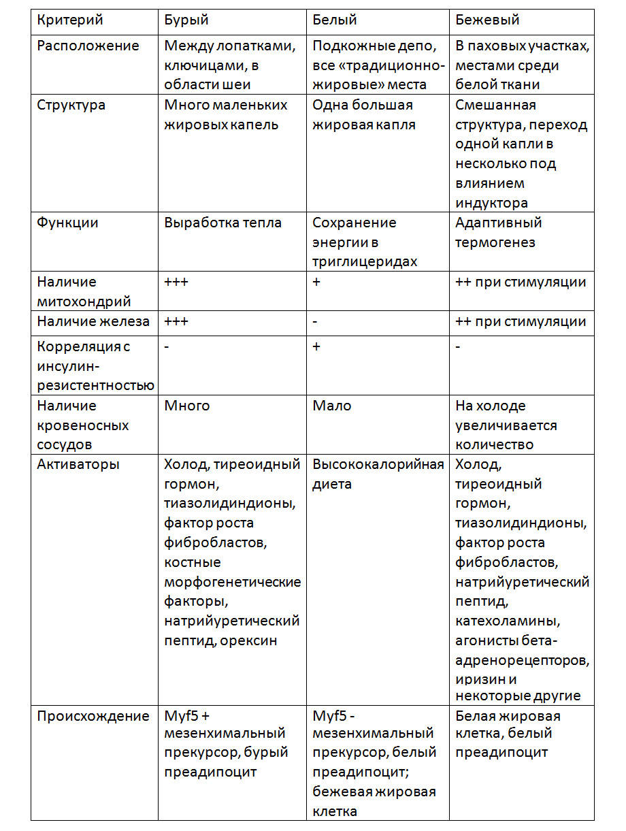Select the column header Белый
pos(334,20)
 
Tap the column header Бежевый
pos(487,20)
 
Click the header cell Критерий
pos(69,20)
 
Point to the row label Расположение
pos(88,46)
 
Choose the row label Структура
pos(71,105)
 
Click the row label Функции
pos(67,223)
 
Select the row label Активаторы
pos(78,464)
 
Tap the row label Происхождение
pos(93,716)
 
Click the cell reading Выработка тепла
pos(223,223)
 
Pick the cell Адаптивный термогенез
pos(498,232)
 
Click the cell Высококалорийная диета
pos(378,474)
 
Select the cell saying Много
pos(187,406)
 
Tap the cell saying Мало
pos(332,406)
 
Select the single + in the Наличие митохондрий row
pos(316,282)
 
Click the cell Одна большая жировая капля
pos(363,115)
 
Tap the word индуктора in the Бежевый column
pos(491,203)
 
